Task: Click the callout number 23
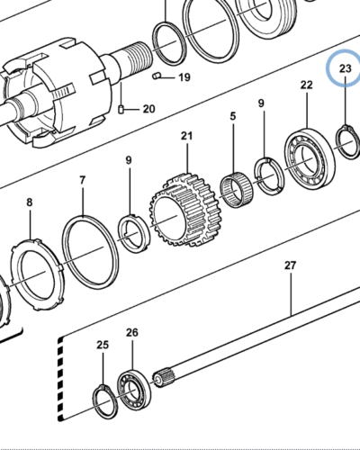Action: click(345, 68)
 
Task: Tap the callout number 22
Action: click(306, 85)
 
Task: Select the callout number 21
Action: click(186, 136)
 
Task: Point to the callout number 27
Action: click(290, 265)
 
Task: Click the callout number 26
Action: click(132, 332)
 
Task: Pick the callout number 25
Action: click(103, 345)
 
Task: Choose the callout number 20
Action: click(148, 109)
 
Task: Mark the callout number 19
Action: click(184, 77)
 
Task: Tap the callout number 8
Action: click(30, 202)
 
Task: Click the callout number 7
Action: click(83, 180)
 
